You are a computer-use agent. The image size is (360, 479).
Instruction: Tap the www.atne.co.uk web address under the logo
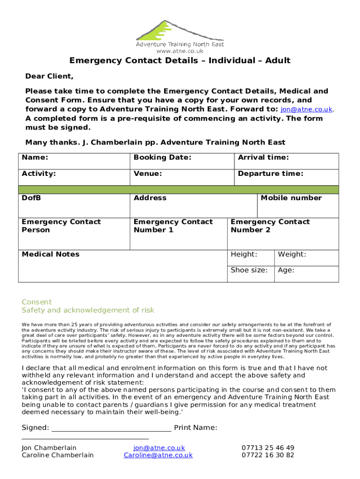[x=180, y=51]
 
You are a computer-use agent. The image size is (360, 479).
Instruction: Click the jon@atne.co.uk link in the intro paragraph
[x=306, y=109]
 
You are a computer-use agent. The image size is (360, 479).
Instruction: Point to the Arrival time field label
[x=263, y=158]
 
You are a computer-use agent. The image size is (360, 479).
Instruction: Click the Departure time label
[x=270, y=174]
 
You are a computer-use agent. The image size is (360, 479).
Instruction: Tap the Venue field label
[x=148, y=174]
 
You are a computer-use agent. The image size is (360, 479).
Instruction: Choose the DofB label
[x=31, y=198]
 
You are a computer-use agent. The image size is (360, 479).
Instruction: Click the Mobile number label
[x=291, y=198]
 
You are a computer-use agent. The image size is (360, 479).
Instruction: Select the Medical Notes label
[x=50, y=254]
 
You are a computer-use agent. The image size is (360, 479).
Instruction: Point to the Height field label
[x=244, y=254]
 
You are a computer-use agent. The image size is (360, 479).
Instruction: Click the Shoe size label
[x=249, y=270]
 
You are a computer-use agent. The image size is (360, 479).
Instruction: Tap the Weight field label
[x=292, y=254]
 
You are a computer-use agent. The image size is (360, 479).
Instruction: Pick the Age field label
[x=286, y=270]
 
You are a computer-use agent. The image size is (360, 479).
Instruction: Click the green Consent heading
[x=37, y=302]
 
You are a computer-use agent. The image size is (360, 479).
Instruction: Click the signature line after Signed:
[x=111, y=428]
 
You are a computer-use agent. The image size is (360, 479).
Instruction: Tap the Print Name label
[x=195, y=428]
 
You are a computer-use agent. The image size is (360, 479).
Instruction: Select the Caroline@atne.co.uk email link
[x=158, y=455]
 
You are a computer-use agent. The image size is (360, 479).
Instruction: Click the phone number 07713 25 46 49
[x=268, y=448]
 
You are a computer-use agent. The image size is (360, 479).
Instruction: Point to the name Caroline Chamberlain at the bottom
[x=58, y=455]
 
